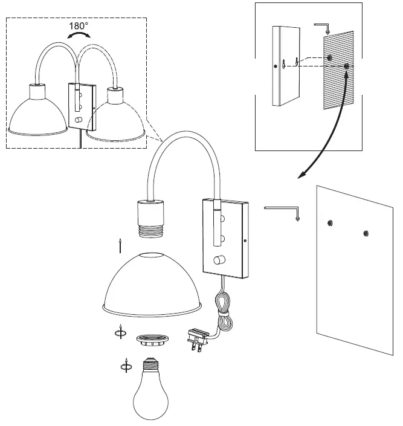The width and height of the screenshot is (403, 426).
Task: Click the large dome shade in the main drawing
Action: coord(152,283)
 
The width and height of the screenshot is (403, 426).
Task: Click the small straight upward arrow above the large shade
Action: coord(121,245)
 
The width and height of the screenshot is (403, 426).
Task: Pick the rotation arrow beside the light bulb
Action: coord(125,366)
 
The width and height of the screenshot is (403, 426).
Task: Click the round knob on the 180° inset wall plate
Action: coord(78,120)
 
